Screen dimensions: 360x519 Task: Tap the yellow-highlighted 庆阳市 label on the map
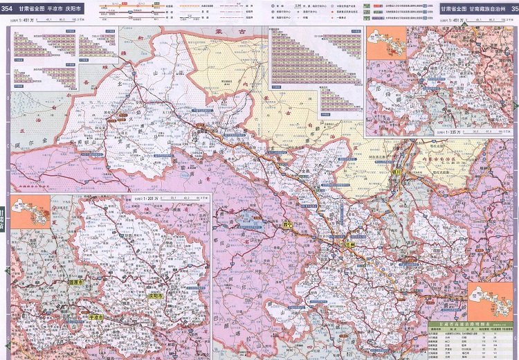point(155,296)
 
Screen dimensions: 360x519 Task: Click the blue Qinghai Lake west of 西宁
point(246,222)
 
